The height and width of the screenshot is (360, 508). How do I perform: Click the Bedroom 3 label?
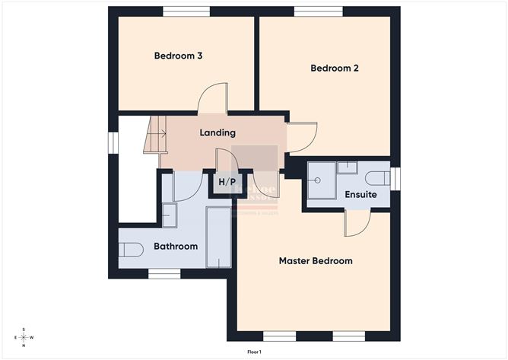point(177,56)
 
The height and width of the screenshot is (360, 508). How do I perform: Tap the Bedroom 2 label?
point(335,68)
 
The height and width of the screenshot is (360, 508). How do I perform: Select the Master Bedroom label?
point(316,261)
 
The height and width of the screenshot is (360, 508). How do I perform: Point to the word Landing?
point(217,133)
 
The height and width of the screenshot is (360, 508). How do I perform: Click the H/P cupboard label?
point(227,183)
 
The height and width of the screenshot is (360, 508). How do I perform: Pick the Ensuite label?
point(360,195)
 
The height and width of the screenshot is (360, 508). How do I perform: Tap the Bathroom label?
point(176,247)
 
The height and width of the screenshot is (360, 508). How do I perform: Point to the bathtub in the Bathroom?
point(218,237)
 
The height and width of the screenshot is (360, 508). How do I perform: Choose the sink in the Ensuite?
point(348,167)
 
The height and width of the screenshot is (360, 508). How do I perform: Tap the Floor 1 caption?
point(254,352)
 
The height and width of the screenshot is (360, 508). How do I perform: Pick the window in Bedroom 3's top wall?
point(186,11)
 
